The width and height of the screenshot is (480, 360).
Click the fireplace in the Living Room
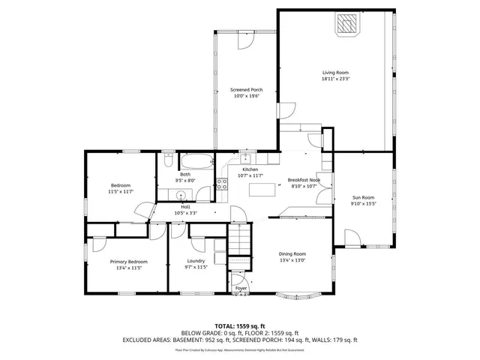click(x=346, y=25)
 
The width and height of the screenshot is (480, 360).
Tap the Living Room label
click(x=334, y=73)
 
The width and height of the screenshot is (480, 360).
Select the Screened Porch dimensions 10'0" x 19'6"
click(x=246, y=96)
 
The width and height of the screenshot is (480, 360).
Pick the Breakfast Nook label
click(x=304, y=180)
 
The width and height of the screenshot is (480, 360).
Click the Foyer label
click(x=241, y=288)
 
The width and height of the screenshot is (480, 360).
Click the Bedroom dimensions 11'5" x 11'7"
click(x=121, y=191)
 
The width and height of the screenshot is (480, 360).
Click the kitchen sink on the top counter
click(x=255, y=160)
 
